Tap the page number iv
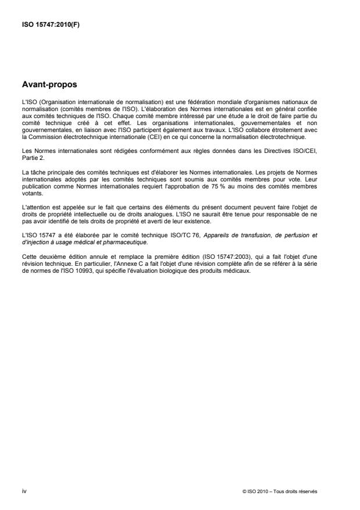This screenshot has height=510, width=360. coord(23,491)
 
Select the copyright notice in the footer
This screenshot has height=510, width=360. coord(280,491)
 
